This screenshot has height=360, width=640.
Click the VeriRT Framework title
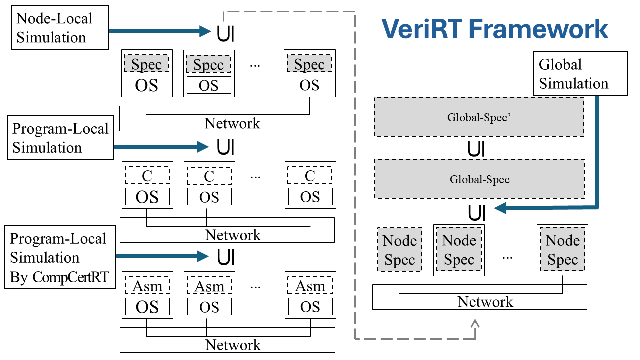click(495, 29)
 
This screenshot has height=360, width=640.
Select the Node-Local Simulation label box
click(60, 28)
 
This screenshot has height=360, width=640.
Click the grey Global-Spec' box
click(479, 117)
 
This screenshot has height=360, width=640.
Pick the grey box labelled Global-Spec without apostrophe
click(479, 179)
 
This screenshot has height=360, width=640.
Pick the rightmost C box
click(310, 176)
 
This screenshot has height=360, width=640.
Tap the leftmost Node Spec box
click(399, 250)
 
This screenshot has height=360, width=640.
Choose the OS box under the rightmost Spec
click(309, 85)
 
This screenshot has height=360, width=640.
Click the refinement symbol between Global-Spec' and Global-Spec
click(476, 149)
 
